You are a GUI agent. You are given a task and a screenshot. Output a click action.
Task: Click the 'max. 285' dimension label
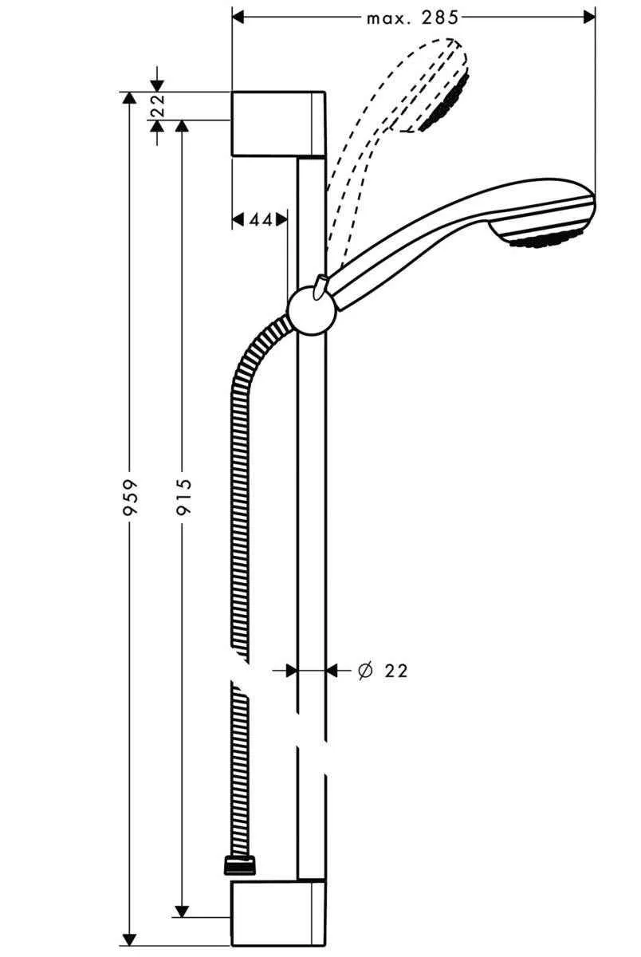tap(412, 17)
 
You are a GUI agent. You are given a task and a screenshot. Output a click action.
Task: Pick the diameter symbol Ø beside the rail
tap(365, 671)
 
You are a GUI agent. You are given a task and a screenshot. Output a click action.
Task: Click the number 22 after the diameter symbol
tap(395, 671)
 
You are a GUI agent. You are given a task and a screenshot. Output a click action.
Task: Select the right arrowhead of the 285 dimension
tap(590, 15)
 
